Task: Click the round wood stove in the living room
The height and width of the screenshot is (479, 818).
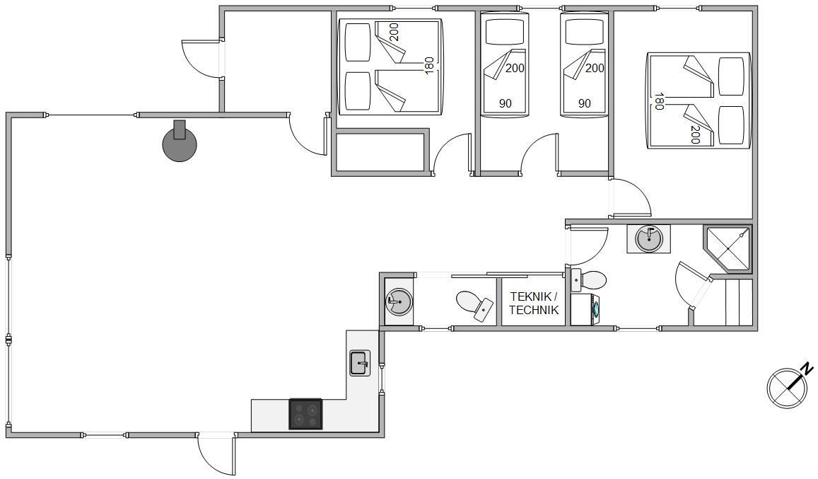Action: (180, 143)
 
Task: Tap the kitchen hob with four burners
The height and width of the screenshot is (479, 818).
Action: (305, 414)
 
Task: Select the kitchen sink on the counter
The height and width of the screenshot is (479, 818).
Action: (359, 363)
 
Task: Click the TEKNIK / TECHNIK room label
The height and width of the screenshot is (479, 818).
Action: (534, 304)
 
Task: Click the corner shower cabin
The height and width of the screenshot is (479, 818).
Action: (728, 248)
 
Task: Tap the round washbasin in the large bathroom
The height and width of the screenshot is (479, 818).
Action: (649, 239)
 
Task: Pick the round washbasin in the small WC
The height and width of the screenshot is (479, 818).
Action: (399, 302)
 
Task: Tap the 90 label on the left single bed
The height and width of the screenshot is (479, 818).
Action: (505, 103)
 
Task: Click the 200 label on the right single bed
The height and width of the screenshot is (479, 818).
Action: (595, 68)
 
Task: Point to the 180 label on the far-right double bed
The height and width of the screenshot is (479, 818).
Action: (659, 101)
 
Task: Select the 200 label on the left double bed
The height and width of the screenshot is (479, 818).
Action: (394, 33)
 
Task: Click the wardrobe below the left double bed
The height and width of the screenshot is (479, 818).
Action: (380, 153)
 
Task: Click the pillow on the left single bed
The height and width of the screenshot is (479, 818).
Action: (504, 33)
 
